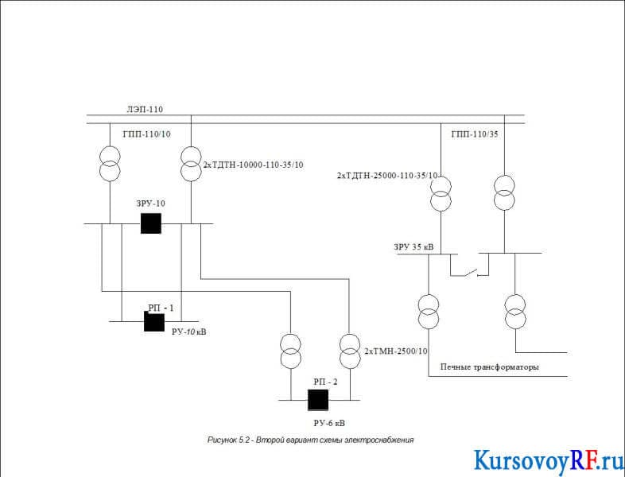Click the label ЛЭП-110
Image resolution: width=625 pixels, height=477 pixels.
click(145, 109)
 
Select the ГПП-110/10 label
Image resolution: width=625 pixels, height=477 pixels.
click(146, 134)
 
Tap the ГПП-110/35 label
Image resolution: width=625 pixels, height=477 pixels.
click(475, 134)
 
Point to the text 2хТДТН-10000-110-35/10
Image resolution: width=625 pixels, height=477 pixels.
click(254, 165)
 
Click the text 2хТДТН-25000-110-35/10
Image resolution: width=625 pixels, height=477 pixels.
click(387, 176)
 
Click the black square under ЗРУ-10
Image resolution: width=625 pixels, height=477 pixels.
click(151, 223)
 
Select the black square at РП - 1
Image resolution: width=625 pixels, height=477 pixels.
click(154, 322)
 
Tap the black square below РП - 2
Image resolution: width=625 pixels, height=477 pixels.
click(318, 400)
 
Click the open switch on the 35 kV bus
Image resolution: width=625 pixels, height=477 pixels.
click(470, 272)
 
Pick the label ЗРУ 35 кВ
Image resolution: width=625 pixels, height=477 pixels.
click(413, 247)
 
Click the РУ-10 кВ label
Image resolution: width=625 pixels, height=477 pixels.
click(189, 332)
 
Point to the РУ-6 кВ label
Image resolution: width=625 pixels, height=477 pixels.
click(329, 423)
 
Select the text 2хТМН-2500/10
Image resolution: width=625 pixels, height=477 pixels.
click(396, 351)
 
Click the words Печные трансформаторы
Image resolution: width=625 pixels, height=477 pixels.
click(490, 366)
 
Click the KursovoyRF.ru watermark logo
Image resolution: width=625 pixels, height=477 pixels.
click(548, 461)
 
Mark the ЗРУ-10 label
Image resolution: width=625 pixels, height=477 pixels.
click(150, 204)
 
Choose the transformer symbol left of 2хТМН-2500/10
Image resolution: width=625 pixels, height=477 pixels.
click(350, 351)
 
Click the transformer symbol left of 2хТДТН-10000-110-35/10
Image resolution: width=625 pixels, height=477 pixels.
click(192, 164)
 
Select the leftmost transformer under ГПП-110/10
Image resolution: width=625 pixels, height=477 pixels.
click(110, 164)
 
